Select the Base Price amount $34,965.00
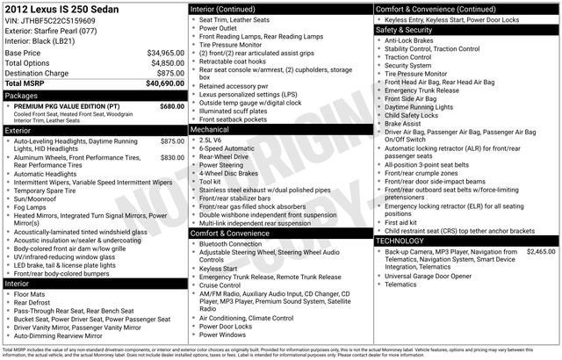pyautogui.click(x=166, y=53)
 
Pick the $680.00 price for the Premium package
pyautogui.click(x=172, y=105)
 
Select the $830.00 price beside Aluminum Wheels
pyautogui.click(x=172, y=157)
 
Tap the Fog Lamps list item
pyautogui.click(x=32, y=206)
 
